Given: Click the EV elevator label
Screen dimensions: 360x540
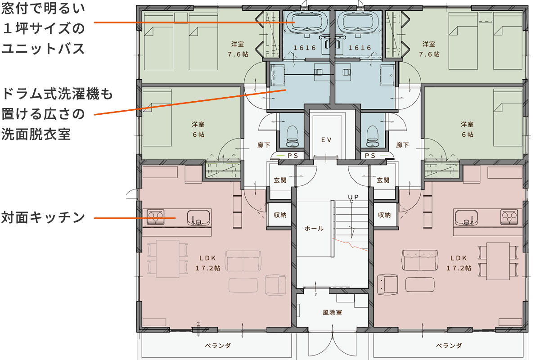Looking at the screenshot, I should click(x=326, y=140).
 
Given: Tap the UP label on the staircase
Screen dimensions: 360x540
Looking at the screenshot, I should click(x=353, y=197).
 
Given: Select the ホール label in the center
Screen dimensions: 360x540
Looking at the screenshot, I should click(x=314, y=228).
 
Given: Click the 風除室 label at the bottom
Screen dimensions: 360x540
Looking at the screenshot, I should click(x=332, y=312).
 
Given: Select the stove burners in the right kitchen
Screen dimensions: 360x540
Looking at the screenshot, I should click(x=509, y=217).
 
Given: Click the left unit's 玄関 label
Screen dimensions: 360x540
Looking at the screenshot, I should click(x=280, y=180).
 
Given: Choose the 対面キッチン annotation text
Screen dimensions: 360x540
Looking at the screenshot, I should click(x=43, y=217).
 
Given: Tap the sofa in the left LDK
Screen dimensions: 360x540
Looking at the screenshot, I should click(x=243, y=261).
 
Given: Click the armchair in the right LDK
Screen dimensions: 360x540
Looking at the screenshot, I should click(x=388, y=284).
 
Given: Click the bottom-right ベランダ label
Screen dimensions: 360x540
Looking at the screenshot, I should click(x=449, y=346).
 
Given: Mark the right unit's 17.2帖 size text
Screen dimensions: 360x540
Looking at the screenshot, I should click(x=459, y=268).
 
